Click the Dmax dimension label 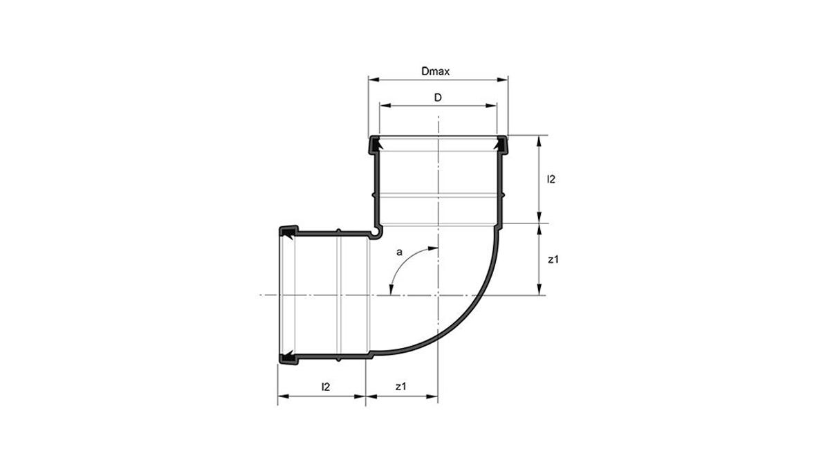click(435, 71)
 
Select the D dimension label click(438, 98)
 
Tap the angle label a click(399, 253)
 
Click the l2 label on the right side click(551, 179)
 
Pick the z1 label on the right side click(553, 260)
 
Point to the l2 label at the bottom click(325, 387)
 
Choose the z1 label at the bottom click(400, 387)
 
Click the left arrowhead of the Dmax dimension click(374, 80)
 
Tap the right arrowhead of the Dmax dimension click(502, 80)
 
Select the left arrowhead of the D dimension click(385, 106)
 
